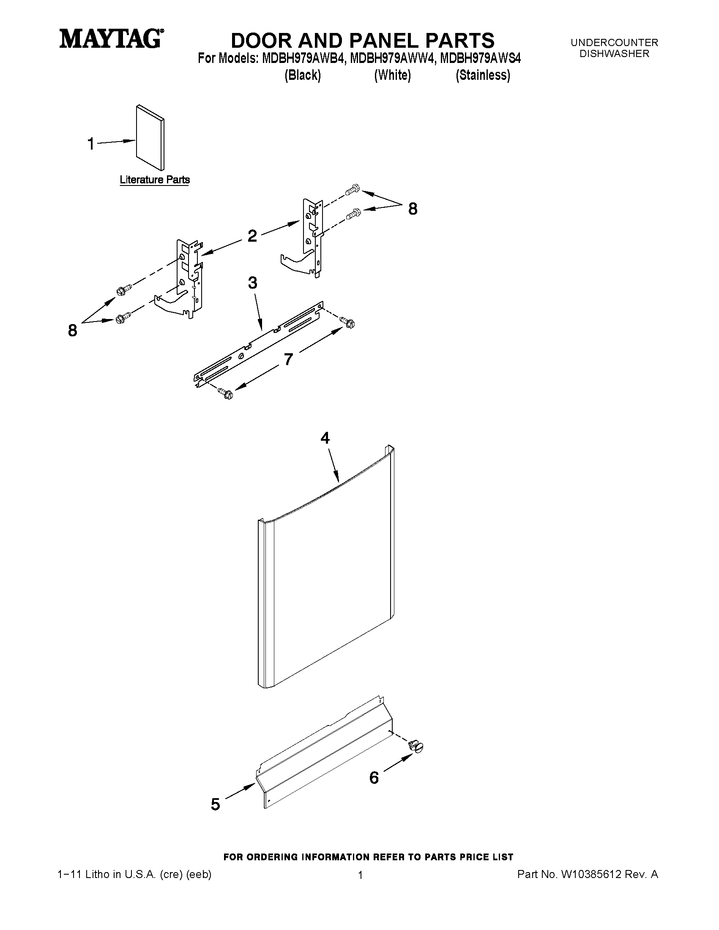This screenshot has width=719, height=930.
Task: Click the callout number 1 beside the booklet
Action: click(91, 144)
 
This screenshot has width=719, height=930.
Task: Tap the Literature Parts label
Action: click(155, 180)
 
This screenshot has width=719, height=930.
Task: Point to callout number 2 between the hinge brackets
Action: click(252, 235)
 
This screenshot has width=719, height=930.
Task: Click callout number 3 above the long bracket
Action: click(253, 282)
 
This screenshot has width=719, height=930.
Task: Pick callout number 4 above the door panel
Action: click(325, 438)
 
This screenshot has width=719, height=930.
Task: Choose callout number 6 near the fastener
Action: click(374, 778)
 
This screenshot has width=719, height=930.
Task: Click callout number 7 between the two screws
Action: click(288, 360)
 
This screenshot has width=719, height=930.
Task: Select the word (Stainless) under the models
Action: click(483, 75)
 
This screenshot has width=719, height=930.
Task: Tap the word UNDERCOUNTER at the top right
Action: click(614, 43)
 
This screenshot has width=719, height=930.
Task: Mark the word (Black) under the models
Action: click(302, 75)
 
